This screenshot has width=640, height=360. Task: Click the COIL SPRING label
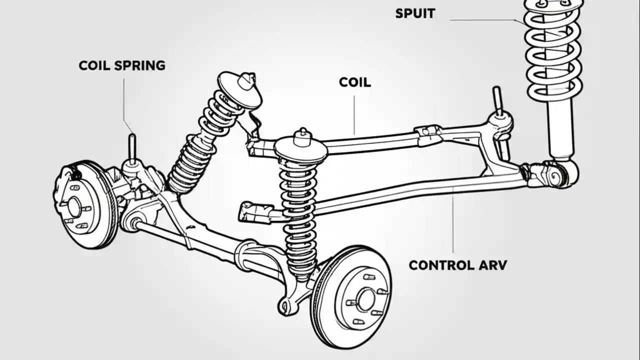[122, 65]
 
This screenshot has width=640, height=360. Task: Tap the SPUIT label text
[415, 13]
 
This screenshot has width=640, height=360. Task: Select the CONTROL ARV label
[457, 265]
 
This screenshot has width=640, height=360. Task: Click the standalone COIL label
[355, 82]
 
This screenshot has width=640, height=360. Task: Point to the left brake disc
[82, 205]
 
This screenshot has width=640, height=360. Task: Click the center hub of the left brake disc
[74, 206]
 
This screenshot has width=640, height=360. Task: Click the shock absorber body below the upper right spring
[559, 130]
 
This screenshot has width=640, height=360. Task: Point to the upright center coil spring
[298, 210]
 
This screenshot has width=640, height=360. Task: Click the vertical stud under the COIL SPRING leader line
[132, 147]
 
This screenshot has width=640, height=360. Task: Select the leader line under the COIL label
[354, 115]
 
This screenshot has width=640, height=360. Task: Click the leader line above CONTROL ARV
[453, 220]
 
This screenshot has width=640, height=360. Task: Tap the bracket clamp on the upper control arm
[428, 134]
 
